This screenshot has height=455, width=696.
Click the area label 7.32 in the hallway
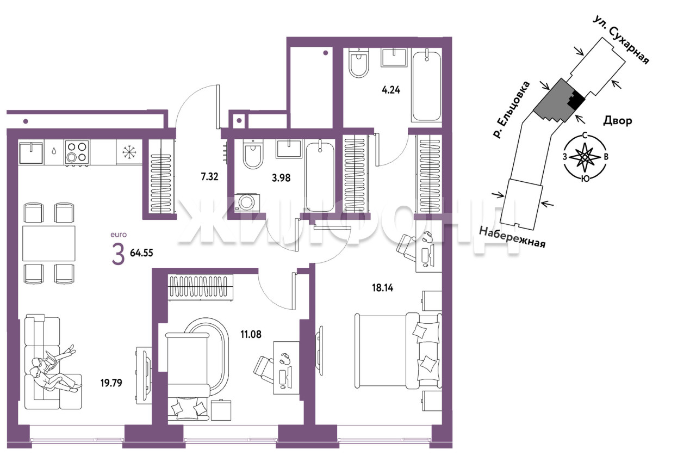point(209,177)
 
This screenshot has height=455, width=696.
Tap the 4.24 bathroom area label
point(390,90)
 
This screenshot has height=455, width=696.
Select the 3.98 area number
point(281,177)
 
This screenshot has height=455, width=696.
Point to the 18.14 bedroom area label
point(382,288)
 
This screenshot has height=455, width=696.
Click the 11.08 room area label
point(251,334)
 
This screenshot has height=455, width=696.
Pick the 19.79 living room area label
point(111,383)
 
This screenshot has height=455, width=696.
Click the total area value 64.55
point(141,253)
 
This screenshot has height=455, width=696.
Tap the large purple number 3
point(118,254)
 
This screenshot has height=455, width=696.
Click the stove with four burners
point(77,152)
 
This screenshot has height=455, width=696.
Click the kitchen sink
point(31,152)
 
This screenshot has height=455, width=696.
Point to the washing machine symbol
point(247,202)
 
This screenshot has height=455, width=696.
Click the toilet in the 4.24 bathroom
point(358,63)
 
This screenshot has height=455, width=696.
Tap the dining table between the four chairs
point(49,243)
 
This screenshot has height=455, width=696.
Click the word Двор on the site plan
point(617,120)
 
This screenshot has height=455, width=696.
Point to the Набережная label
point(512,237)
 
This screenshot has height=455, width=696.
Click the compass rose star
point(585,157)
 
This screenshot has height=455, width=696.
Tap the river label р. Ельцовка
point(511,109)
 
